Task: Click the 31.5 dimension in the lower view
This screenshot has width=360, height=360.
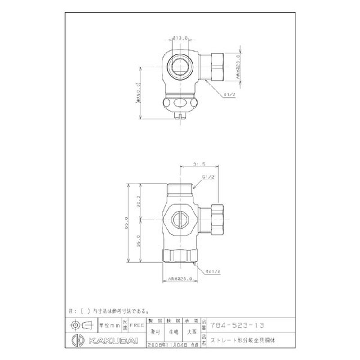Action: click(x=199, y=165)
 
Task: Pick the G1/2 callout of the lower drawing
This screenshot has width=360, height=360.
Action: click(x=207, y=177)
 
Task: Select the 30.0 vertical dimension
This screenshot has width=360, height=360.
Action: click(x=139, y=201)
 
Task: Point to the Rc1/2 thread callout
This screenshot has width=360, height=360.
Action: click(x=211, y=271)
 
